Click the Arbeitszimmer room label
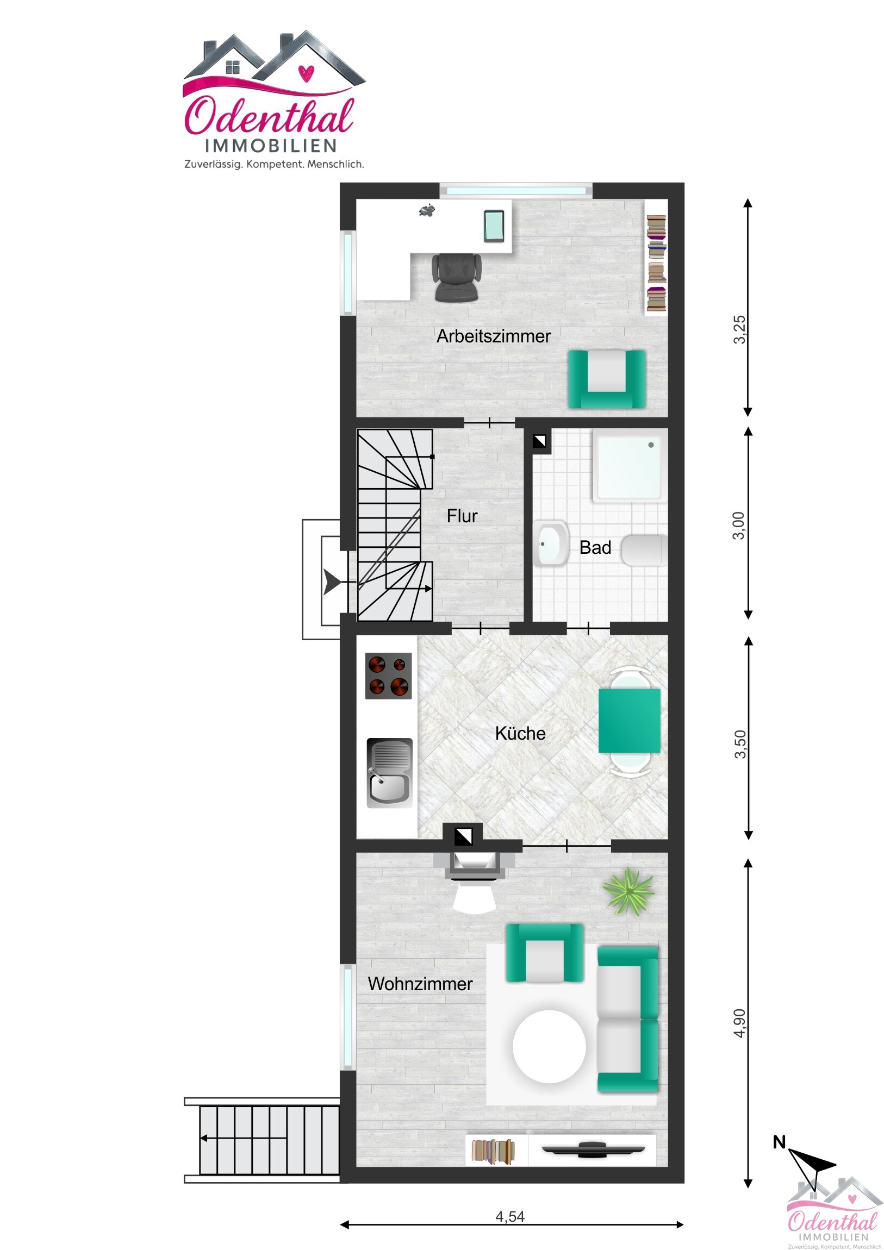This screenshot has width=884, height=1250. pos(494,336)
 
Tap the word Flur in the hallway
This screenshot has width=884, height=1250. pos(462,516)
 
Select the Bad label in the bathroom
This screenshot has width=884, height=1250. pos(595,547)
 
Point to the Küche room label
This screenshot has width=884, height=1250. pos(520,733)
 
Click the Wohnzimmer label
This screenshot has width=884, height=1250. pos(420,984)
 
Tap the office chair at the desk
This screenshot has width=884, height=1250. pos(457,277)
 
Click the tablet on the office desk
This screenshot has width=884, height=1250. pos(495,226)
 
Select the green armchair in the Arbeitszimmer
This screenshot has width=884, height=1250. pos(607,379)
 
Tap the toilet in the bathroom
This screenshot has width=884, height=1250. pos(644,551)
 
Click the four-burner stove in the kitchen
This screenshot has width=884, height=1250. pos(388,676)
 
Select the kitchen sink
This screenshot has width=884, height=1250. pos(389,773)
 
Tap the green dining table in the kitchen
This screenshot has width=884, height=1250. pos(629,721)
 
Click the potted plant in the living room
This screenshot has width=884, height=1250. pos(628,891)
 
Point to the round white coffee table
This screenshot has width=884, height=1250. pos(549,1046)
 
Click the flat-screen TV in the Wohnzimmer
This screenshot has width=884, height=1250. pos(593,1151)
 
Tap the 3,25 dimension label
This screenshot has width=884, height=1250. pos(739,329)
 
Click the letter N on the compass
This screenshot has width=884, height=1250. pos(780,1142)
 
